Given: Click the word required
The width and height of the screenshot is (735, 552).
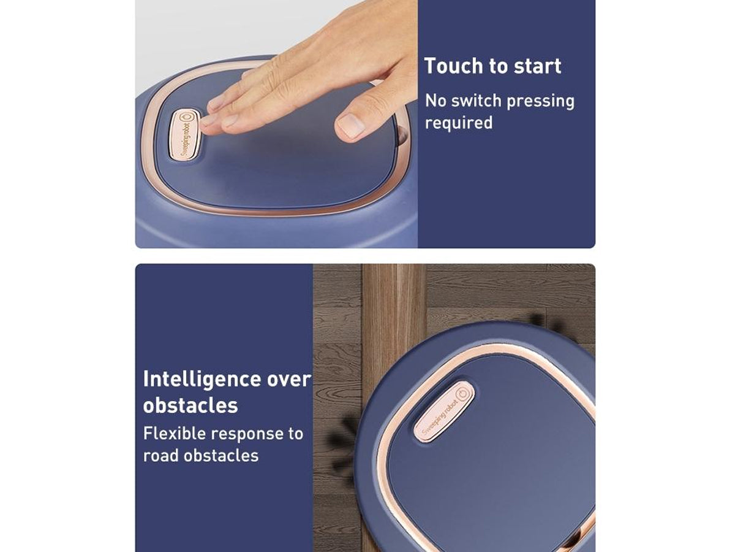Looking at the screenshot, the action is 459,123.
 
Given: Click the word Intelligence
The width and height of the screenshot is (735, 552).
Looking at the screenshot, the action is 202,379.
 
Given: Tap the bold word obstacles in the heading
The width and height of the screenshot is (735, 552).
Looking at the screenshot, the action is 190,405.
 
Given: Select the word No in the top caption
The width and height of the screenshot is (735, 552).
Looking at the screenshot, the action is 435,101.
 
